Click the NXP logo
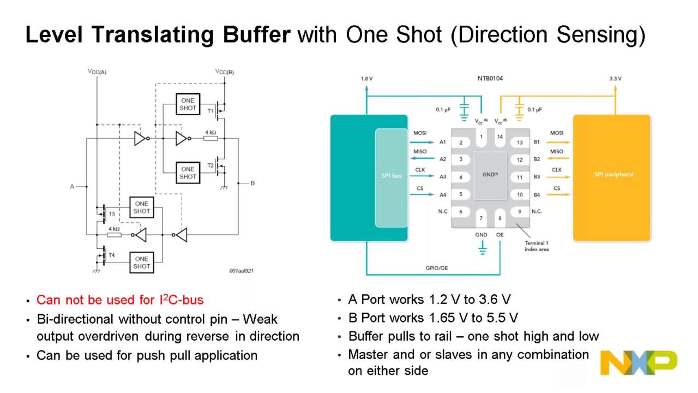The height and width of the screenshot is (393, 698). (638, 363)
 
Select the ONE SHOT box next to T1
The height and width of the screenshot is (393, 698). (188, 104)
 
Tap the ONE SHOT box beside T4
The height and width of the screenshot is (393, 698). (141, 263)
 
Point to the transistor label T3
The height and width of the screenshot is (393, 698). (112, 213)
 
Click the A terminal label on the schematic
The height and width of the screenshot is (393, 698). (72, 187)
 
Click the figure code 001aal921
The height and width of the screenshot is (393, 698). (242, 270)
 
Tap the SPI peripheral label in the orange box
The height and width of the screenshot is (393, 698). (613, 175)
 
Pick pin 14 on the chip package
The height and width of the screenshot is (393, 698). (500, 137)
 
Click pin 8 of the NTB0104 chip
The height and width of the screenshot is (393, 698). (500, 218)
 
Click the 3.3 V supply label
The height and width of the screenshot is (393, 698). (615, 79)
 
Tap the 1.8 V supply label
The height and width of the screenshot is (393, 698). (366, 79)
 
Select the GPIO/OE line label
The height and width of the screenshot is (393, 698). (437, 268)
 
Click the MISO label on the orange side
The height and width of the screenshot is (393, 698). (557, 152)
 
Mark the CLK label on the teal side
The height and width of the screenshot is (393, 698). (420, 170)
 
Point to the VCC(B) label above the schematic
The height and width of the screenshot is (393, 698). (224, 72)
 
